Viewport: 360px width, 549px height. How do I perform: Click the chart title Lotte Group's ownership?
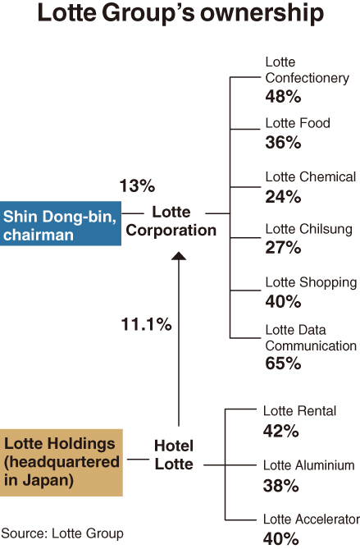[x=180, y=14]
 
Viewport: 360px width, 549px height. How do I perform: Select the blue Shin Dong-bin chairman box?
[x=61, y=223]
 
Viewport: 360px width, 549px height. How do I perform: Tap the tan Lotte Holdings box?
[x=62, y=463]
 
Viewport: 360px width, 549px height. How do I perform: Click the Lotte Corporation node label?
[x=171, y=222]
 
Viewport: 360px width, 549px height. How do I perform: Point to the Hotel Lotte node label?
[x=174, y=455]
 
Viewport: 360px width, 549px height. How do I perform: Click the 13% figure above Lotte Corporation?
[x=137, y=185]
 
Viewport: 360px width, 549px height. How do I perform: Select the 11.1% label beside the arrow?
[x=146, y=324]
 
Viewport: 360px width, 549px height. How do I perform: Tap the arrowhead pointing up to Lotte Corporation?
[x=179, y=256]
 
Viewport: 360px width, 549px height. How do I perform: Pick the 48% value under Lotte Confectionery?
[x=283, y=96]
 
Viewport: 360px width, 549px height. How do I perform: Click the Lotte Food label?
[x=298, y=123]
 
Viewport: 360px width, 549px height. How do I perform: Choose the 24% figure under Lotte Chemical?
[x=283, y=196]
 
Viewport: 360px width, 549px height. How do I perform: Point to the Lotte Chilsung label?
[x=308, y=229]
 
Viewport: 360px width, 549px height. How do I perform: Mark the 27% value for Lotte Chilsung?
[x=283, y=247]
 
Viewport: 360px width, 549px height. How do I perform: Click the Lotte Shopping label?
[x=311, y=282]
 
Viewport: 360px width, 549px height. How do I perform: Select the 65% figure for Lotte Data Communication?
[x=283, y=363]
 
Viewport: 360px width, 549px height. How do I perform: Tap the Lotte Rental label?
[x=299, y=410]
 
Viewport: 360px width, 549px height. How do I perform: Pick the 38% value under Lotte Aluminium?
[x=281, y=486]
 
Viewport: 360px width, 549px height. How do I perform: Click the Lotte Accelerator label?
[x=312, y=519]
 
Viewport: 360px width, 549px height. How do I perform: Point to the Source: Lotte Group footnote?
[x=62, y=533]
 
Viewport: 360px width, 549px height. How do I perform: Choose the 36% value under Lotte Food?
[x=283, y=143]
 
